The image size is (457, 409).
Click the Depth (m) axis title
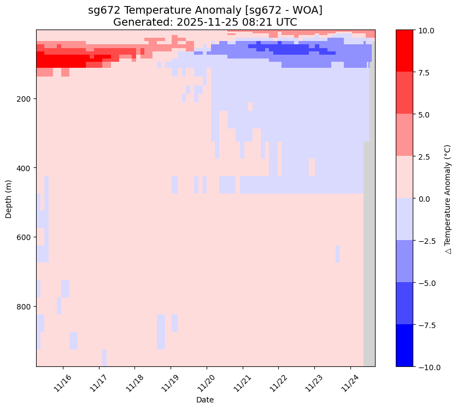click(x=9, y=198)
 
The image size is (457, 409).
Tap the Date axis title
click(x=205, y=400)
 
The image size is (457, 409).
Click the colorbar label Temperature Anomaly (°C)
click(x=447, y=198)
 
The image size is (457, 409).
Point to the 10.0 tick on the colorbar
click(x=426, y=31)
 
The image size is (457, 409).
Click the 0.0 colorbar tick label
click(x=425, y=198)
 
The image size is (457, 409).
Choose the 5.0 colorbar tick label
click(x=425, y=115)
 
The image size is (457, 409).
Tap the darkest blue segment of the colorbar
click(x=405, y=345)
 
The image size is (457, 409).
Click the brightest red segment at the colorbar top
click(x=405, y=51)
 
